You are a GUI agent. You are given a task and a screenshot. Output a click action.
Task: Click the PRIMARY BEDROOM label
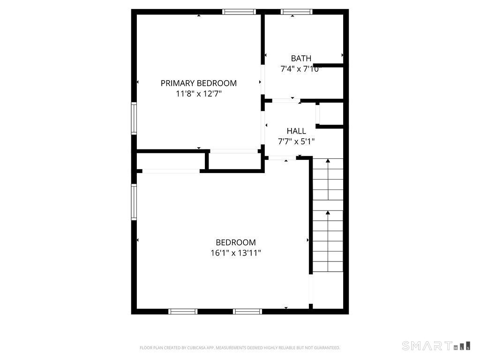(x=199, y=83)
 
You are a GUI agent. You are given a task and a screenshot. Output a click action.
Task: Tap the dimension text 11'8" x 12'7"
(x=199, y=94)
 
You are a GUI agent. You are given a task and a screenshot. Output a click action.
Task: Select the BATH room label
(x=301, y=59)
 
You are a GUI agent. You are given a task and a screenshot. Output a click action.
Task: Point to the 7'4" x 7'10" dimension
(x=301, y=69)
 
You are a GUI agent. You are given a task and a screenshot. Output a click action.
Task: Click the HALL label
(x=296, y=131)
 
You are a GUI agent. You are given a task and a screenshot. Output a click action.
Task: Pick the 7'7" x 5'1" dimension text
(x=296, y=141)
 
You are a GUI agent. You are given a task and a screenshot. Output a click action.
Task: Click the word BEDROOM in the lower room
(x=236, y=242)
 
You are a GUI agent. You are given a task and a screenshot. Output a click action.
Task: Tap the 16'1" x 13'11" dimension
(x=236, y=253)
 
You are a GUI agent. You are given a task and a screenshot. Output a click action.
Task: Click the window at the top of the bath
(x=296, y=12)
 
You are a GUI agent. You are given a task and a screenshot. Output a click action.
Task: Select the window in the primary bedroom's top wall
(x=239, y=12)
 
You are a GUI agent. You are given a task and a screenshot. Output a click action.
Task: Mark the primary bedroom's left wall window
(x=134, y=119)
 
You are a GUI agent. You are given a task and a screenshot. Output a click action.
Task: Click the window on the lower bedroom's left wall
(x=134, y=202)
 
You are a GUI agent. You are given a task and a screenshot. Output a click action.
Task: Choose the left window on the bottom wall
(x=183, y=311)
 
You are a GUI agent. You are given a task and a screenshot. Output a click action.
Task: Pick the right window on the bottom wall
(x=247, y=311)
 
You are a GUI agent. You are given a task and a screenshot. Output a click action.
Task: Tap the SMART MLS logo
(x=436, y=346)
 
